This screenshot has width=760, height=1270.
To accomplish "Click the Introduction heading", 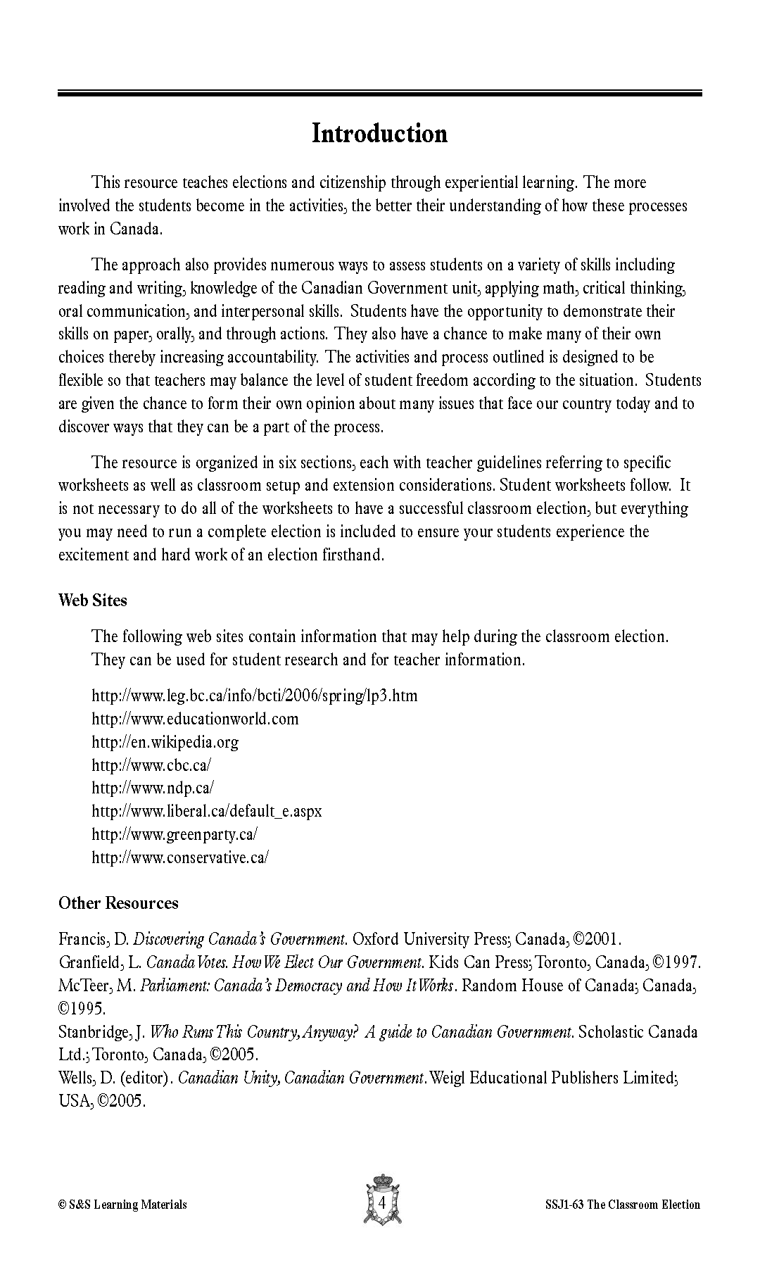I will tap(379, 134).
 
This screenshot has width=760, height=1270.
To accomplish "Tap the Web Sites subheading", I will tap(92, 601).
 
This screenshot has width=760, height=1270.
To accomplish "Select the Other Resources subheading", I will tap(118, 903).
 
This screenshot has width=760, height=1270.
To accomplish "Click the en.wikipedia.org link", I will tap(165, 742).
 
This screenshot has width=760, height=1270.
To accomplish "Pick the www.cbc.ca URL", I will tap(151, 765).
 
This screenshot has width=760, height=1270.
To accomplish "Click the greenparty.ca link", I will tap(175, 834).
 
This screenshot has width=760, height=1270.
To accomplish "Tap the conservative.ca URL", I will tap(180, 857).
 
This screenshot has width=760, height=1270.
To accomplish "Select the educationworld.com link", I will tap(195, 719).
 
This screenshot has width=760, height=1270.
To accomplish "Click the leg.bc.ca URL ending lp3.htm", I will tap(254, 696).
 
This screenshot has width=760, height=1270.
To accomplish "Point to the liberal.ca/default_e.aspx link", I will tap(207, 811).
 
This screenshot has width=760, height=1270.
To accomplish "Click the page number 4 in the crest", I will tap(381, 1203).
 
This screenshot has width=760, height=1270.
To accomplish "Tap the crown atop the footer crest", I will tap(381, 1181).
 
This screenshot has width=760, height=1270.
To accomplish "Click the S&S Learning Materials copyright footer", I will tap(122, 1205).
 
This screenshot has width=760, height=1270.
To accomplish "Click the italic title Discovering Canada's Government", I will tap(240, 939).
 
